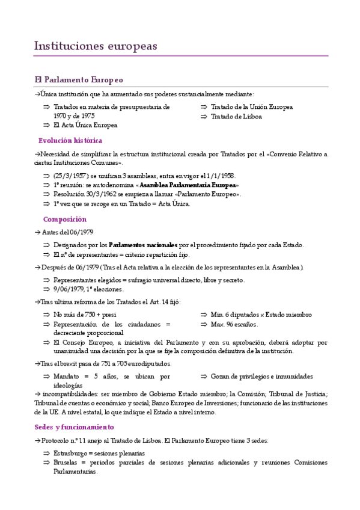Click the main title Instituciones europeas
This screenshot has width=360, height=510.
click(x=96, y=46)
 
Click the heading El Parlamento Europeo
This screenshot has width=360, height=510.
click(x=79, y=79)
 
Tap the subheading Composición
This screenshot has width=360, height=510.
click(x=65, y=220)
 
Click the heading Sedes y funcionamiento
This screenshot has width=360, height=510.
click(x=74, y=427)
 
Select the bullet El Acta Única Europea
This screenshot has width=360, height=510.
click(x=85, y=125)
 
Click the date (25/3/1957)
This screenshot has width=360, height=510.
click(x=73, y=176)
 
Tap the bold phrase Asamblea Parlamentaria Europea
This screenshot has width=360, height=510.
click(x=188, y=185)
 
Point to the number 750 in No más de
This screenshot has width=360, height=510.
click(x=91, y=315)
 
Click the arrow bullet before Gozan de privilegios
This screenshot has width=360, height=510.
click(x=204, y=376)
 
